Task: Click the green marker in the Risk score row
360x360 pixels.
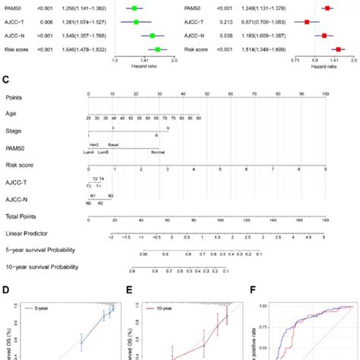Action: (157, 49)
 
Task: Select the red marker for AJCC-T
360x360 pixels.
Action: (307, 22)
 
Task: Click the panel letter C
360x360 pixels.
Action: (6, 78)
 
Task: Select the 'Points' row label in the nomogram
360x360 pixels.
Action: (14, 98)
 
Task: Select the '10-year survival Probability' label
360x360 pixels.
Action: (42, 268)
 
